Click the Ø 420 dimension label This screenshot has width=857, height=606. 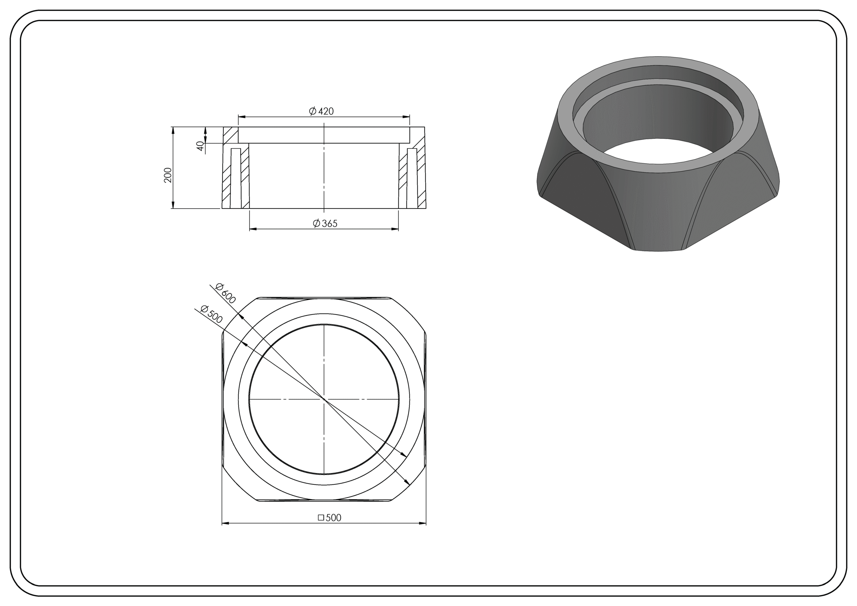(321, 111)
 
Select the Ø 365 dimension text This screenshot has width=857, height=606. (325, 223)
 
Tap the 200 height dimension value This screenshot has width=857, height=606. (168, 175)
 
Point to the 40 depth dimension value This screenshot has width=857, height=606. (201, 146)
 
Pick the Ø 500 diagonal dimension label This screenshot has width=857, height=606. (212, 314)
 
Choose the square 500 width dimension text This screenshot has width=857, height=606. (330, 518)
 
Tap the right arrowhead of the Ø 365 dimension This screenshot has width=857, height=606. (395, 229)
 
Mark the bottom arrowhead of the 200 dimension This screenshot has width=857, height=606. (173, 205)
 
